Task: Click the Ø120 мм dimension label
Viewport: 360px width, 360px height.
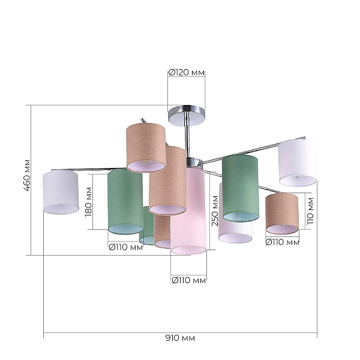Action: click(186, 73)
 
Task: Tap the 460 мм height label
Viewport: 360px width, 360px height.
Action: click(27, 175)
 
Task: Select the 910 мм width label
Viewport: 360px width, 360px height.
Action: click(180, 338)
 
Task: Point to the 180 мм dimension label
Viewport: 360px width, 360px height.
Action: click(88, 202)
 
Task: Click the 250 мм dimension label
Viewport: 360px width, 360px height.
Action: click(215, 211)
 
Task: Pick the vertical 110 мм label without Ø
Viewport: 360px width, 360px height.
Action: click(310, 211)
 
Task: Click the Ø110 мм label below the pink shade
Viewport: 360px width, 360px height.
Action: click(189, 280)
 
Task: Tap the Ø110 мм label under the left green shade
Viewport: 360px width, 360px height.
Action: click(126, 247)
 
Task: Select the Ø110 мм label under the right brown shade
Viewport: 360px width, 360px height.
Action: click(283, 242)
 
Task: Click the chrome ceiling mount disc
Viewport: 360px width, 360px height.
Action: click(187, 115)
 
